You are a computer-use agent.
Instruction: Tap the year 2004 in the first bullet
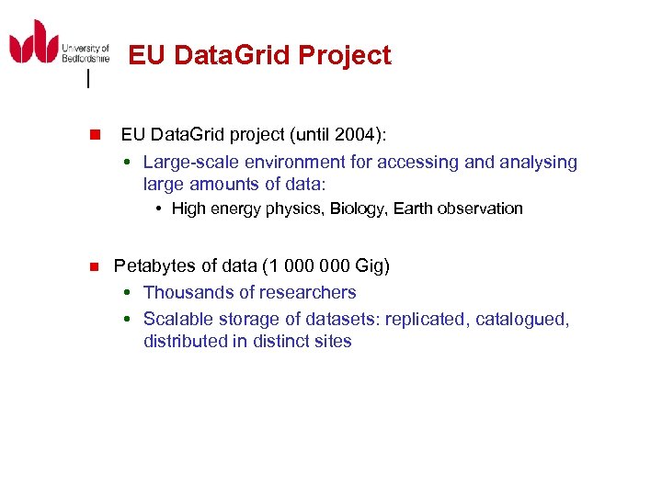pos(356,135)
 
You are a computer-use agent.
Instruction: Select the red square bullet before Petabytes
pos(93,267)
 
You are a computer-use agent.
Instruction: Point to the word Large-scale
pos(188,163)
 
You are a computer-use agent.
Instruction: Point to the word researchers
pos(311,293)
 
